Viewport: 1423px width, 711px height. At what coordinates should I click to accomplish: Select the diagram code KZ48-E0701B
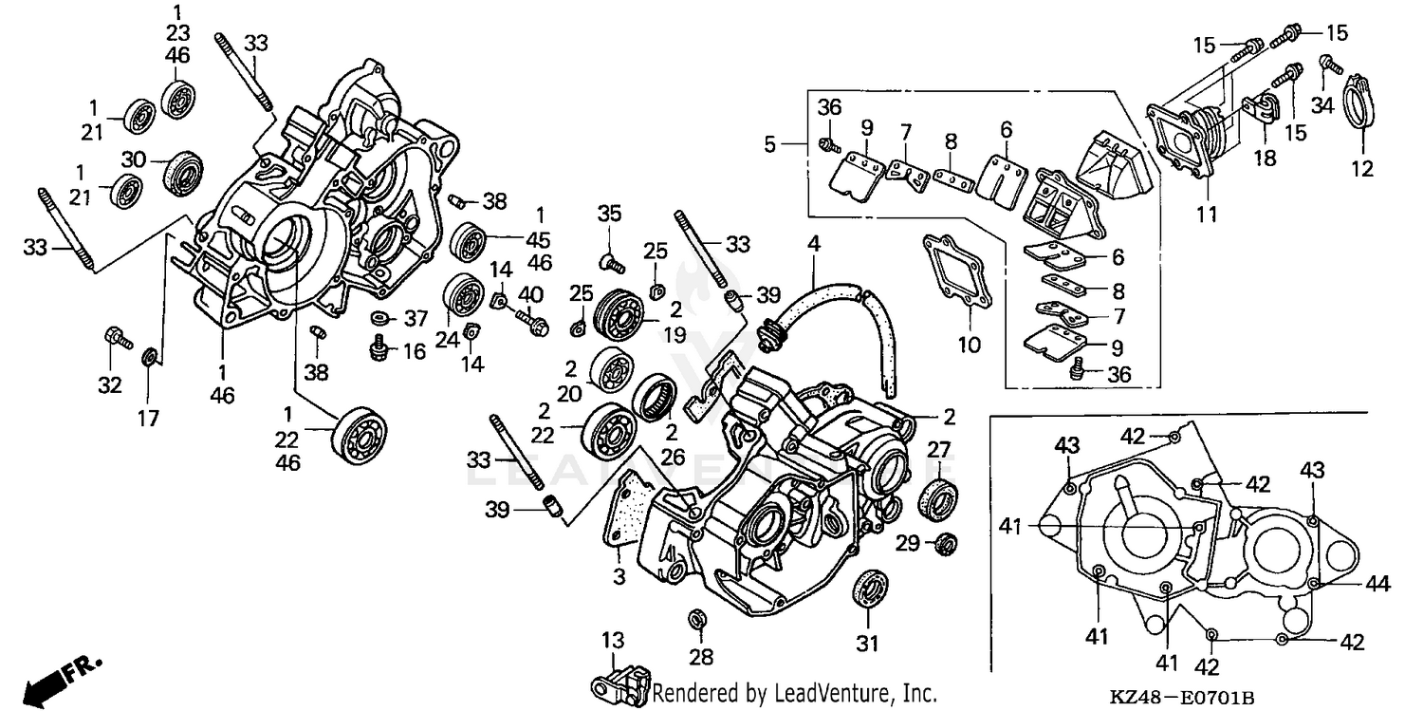1181,698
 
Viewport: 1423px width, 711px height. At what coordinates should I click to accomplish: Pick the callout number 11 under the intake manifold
1205,214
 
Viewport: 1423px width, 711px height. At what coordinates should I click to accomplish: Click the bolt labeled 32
114,337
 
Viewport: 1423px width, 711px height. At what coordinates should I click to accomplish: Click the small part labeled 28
697,619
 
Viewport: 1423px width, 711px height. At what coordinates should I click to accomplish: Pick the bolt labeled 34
1328,65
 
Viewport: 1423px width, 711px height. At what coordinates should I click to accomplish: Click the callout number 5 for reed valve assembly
770,144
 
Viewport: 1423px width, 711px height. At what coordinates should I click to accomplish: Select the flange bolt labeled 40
532,324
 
